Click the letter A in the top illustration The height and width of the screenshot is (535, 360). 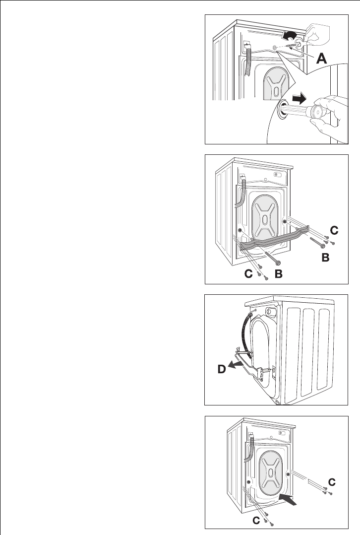[x=321, y=59]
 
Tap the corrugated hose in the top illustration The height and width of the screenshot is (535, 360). [x=248, y=60]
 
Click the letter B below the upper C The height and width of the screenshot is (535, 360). [x=324, y=258]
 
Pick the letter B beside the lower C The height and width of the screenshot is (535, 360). [x=279, y=273]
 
